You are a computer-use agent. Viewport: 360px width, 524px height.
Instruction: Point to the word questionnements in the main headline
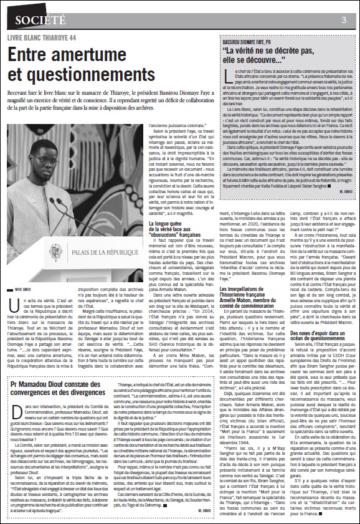(x=91, y=74)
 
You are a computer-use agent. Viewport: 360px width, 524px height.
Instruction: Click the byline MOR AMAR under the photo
(x=22, y=290)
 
